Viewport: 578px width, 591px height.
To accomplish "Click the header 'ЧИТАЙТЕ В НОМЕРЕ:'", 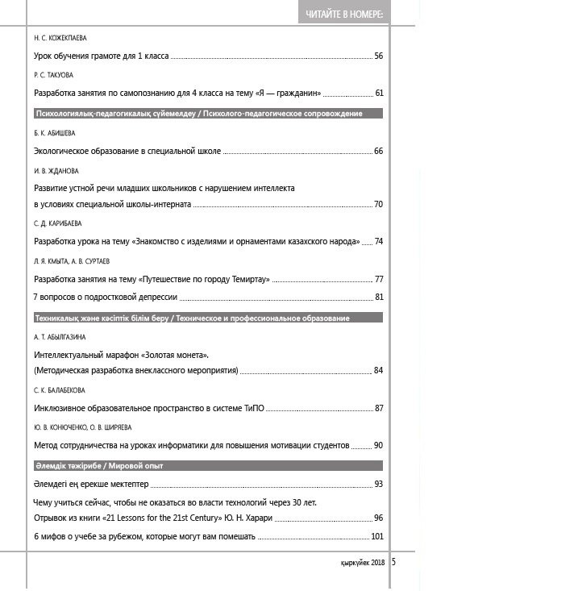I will click(344, 15).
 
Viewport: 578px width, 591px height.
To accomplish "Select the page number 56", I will click(378, 56).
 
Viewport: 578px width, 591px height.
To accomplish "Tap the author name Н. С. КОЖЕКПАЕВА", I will click(60, 38).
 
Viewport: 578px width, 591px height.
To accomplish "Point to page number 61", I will click(379, 93).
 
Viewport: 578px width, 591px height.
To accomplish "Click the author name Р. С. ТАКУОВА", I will click(54, 75).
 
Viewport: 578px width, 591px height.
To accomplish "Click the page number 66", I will click(378, 151).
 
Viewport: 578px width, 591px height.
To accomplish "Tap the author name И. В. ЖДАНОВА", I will click(56, 170).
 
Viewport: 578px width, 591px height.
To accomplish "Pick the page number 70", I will click(378, 204).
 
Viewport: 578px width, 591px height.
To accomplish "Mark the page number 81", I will click(379, 297).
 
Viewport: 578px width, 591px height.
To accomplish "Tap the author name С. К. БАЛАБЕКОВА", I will click(60, 390).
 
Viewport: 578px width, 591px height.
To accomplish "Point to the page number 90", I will click(378, 444).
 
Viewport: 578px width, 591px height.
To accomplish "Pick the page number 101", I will click(376, 536).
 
